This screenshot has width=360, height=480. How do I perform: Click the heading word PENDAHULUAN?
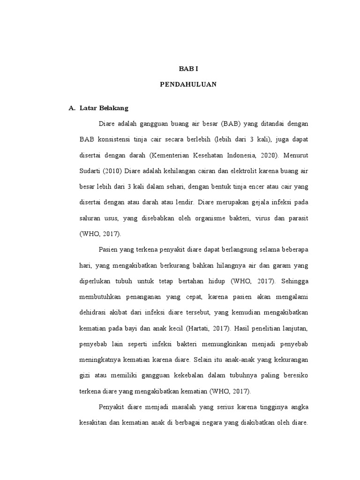point(187,85)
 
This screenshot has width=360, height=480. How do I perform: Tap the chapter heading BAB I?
point(188,68)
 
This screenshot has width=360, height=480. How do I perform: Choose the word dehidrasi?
point(94,313)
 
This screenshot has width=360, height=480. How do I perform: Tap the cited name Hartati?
point(203,328)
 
